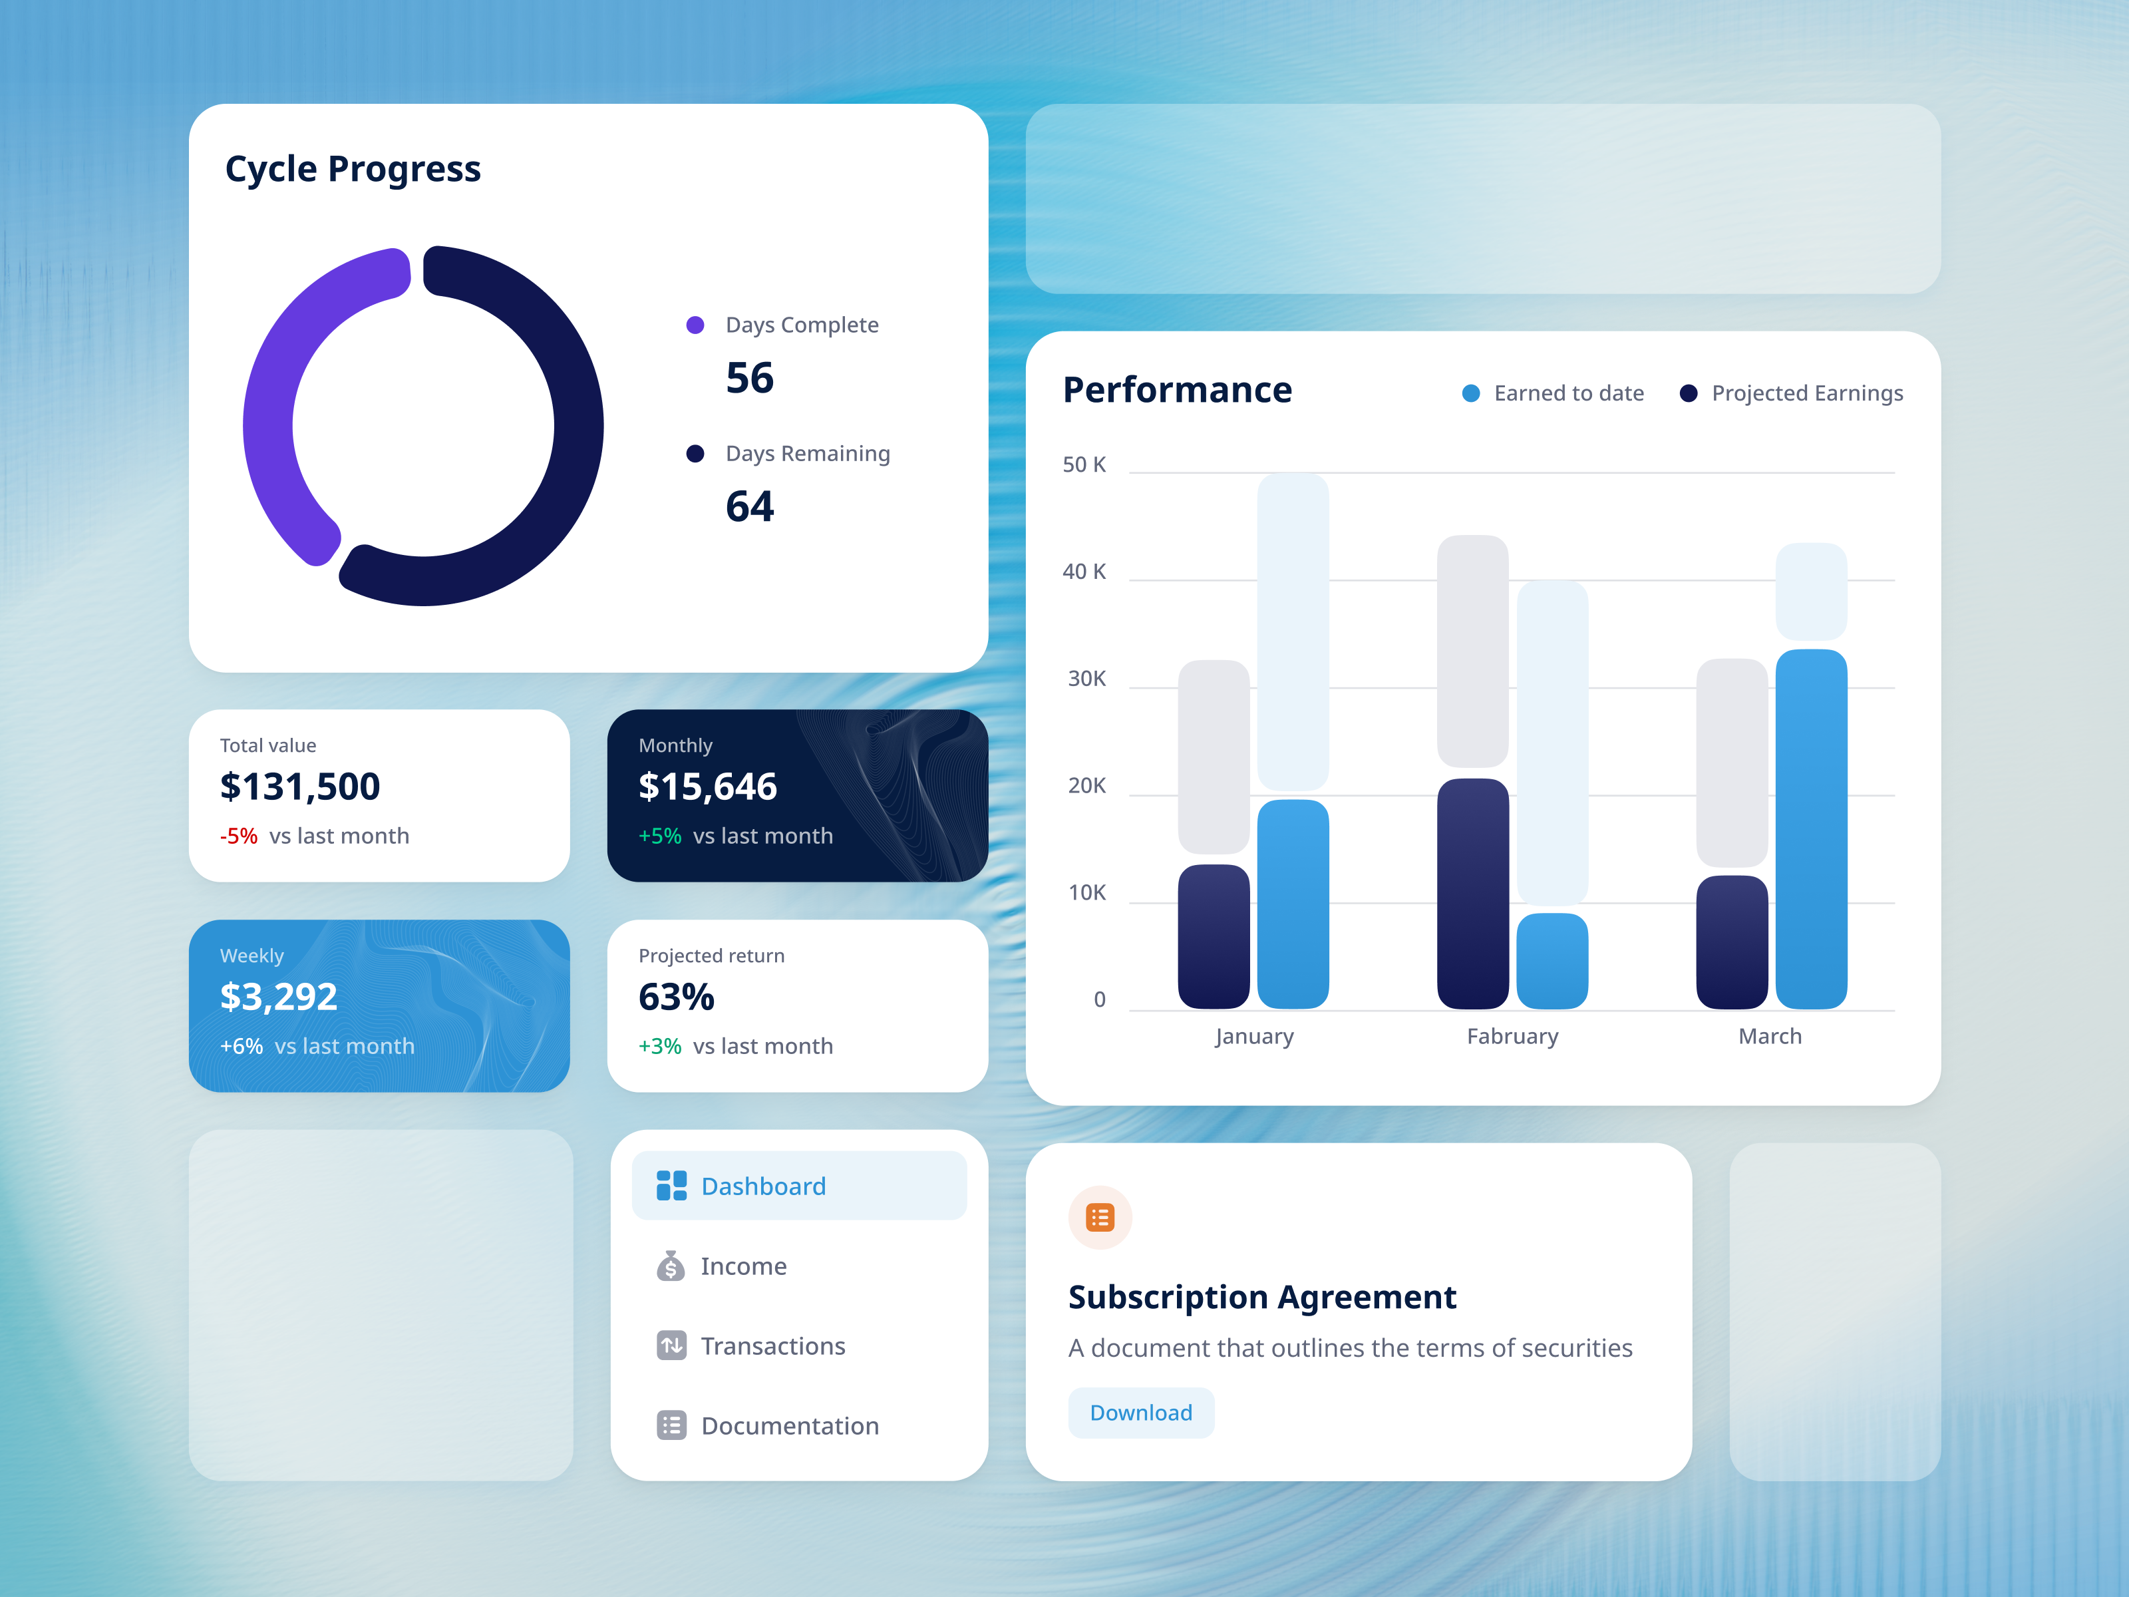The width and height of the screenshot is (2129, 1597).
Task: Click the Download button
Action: coord(1140,1412)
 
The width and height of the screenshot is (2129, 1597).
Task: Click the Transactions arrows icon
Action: coord(671,1345)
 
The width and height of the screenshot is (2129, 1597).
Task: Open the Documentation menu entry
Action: coord(789,1425)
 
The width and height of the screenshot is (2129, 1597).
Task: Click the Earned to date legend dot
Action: coord(1470,394)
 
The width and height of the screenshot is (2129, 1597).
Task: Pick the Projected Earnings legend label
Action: coord(1806,394)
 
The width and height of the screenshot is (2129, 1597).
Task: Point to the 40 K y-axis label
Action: coord(1084,572)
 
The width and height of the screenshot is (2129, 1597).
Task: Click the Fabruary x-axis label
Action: coord(1512,1037)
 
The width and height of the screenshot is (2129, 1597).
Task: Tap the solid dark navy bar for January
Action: coord(1214,936)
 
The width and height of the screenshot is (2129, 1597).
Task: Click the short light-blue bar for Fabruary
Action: coord(1552,961)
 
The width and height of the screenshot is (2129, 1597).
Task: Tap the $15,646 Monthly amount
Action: coord(707,787)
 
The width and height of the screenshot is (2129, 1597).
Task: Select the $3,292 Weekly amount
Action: coord(278,996)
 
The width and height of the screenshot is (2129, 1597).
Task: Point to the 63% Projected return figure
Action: coord(676,996)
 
